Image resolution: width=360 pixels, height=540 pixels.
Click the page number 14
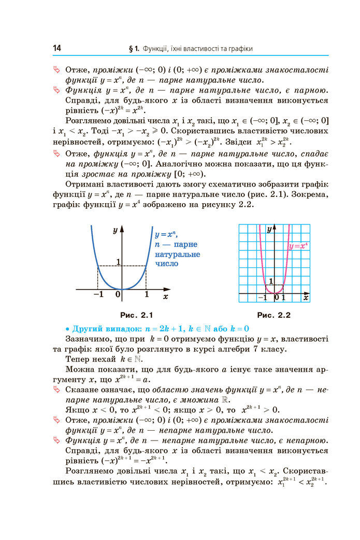(57, 48)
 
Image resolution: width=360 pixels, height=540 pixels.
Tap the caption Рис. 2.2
(274, 315)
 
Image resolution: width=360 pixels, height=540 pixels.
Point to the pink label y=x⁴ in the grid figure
(299, 246)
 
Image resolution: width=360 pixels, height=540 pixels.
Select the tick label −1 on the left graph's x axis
(96, 295)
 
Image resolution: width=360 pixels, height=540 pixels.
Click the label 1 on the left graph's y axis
(118, 262)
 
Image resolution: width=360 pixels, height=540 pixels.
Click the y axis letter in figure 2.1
(115, 231)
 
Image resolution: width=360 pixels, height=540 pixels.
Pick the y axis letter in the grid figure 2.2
(269, 229)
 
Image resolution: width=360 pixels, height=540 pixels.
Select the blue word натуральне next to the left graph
(177, 254)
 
